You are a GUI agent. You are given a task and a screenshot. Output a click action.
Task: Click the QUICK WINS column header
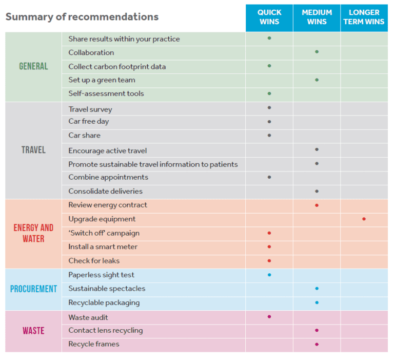(269, 17)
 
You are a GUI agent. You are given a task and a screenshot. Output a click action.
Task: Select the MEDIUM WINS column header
(317, 17)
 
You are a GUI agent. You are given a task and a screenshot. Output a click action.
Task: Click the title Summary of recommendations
(82, 16)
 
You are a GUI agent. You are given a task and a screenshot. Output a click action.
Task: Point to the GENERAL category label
(33, 66)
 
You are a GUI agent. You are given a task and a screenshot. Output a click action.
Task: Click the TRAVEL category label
(33, 150)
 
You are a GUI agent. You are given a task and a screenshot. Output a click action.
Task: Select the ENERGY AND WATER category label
(33, 233)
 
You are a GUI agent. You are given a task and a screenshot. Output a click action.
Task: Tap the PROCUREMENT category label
(33, 289)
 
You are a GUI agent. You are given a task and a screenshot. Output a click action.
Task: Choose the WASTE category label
(33, 331)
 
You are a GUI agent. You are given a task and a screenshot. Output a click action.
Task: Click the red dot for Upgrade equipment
(364, 219)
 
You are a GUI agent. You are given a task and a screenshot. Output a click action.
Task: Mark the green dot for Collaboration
(317, 52)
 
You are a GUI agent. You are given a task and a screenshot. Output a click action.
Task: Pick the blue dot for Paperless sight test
(269, 275)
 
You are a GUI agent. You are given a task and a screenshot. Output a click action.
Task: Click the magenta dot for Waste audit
(269, 317)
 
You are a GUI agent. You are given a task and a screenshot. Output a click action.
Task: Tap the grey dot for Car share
(269, 136)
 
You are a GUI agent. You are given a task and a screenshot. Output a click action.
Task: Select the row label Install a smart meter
(103, 247)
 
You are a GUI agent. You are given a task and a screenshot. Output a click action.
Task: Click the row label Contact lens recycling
(106, 331)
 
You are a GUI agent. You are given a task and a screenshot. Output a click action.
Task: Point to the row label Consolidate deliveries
(106, 192)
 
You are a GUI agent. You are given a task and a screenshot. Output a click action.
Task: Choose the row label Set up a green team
(102, 80)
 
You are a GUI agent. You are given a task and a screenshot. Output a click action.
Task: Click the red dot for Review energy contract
(317, 205)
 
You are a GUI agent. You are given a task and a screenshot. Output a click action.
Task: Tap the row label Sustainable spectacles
(107, 289)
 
